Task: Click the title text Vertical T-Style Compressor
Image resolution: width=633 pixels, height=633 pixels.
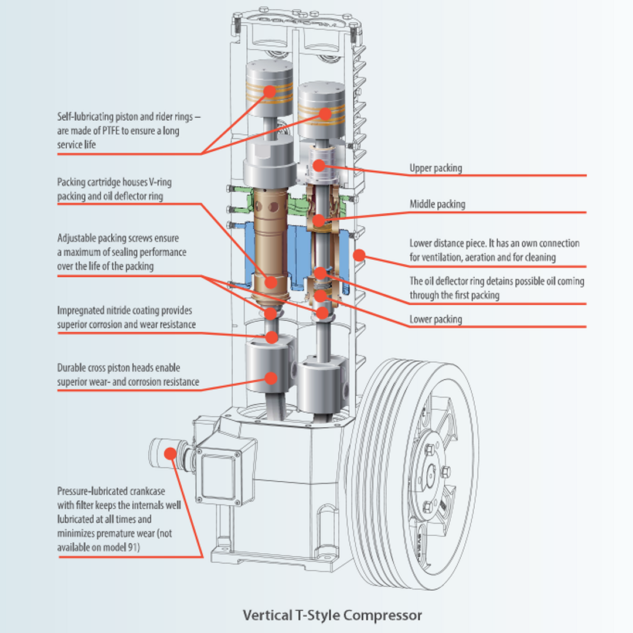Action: click(x=332, y=615)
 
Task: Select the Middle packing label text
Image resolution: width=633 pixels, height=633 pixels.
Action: click(x=437, y=204)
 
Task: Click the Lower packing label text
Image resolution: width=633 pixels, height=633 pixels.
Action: click(x=435, y=319)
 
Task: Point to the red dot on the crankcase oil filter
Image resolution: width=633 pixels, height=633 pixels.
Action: click(x=170, y=452)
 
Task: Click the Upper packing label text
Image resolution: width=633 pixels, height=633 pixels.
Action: click(x=435, y=168)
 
